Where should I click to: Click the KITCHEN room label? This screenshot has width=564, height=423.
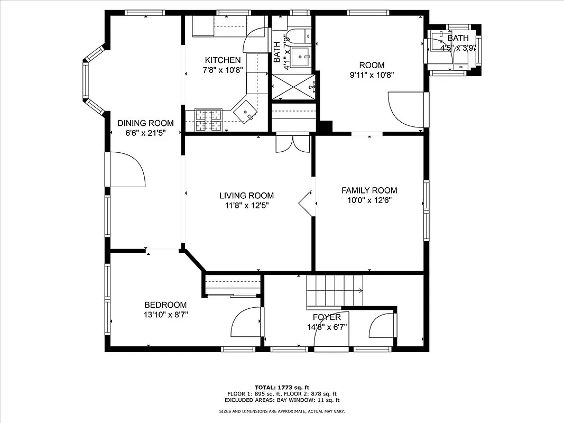223,60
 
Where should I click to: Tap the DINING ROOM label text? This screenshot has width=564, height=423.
145,123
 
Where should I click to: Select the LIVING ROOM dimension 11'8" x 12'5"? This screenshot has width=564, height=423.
247,205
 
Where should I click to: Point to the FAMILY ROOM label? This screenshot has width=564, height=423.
369,190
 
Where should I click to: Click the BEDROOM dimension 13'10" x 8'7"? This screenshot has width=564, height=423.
166,315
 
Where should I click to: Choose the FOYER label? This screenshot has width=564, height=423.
326,317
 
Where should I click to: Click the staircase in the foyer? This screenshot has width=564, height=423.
334,291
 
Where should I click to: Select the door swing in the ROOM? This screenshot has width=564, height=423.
406,109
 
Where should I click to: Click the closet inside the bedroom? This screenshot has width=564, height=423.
233,286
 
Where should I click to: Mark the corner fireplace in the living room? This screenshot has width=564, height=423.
308,202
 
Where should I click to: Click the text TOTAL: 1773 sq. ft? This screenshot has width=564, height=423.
282,387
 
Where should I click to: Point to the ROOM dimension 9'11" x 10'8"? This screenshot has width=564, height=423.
368,75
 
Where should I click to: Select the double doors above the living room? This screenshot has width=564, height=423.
292,142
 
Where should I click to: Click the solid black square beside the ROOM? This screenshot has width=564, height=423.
325,127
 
